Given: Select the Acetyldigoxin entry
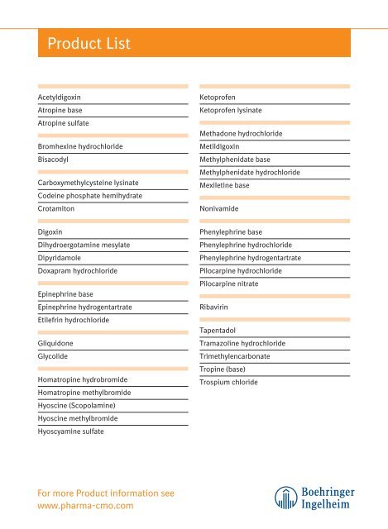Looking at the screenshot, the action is click(59, 98).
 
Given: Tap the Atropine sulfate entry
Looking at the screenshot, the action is click(63, 123).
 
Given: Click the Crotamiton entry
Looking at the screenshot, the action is click(56, 209).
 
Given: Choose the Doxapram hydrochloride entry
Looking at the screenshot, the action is click(78, 270).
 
